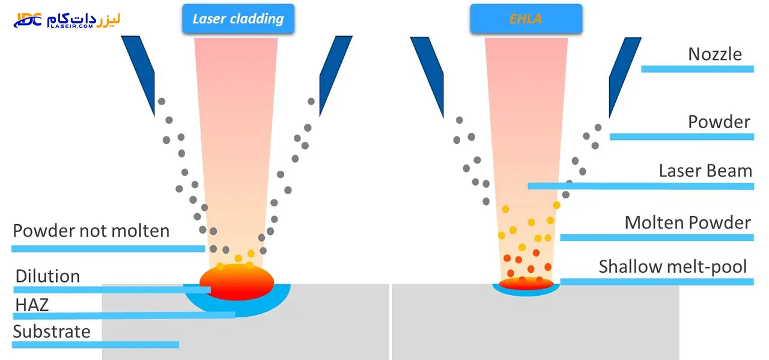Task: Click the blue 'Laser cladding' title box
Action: tap(239, 19)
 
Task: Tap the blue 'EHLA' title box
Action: tap(526, 19)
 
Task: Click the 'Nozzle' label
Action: tap(715, 54)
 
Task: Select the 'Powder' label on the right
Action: tap(719, 122)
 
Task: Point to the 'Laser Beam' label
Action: tap(705, 171)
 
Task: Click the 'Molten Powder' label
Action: tap(688, 222)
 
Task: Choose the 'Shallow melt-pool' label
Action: tap(673, 267)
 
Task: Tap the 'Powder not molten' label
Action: tap(91, 231)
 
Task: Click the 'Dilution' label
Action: tap(47, 276)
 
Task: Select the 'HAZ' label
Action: tap(32, 305)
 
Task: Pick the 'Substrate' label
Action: tap(52, 332)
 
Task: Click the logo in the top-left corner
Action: tap(67, 20)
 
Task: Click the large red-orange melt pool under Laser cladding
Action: tap(237, 282)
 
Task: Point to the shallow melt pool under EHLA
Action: tap(526, 284)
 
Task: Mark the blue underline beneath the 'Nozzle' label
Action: tap(698, 69)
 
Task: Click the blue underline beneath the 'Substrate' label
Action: tap(96, 344)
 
